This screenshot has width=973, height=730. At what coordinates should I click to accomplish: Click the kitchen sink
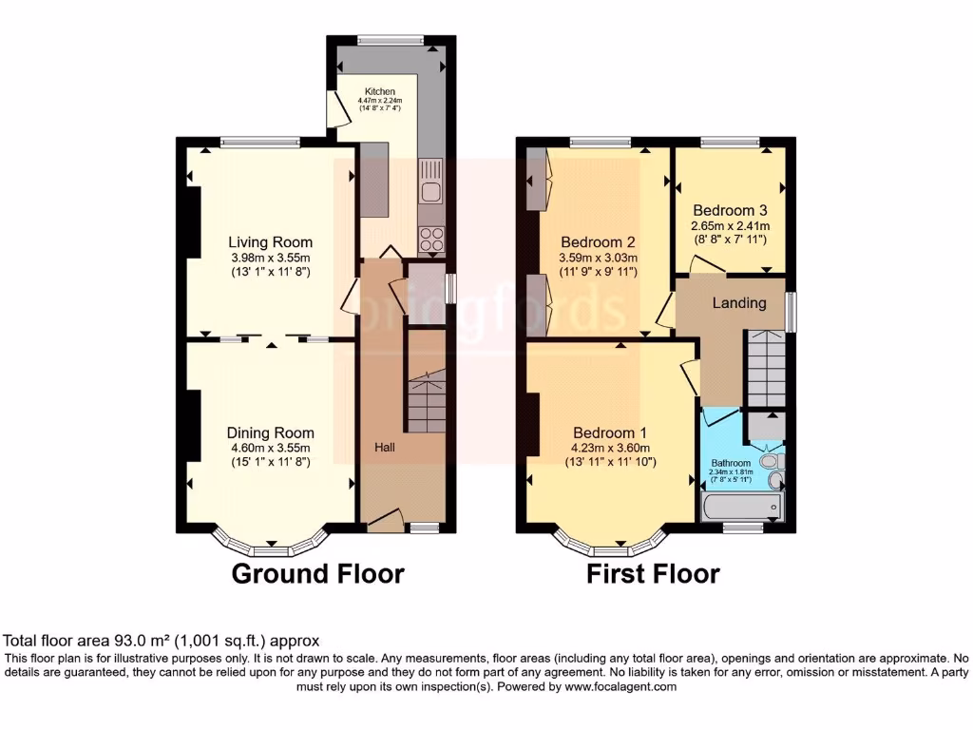[x=431, y=183]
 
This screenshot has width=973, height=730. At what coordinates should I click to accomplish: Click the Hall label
[x=384, y=447]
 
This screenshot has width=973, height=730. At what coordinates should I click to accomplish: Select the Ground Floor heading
[x=318, y=574]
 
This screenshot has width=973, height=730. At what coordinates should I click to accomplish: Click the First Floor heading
[x=653, y=574]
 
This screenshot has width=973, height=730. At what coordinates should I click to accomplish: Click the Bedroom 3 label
[x=730, y=210]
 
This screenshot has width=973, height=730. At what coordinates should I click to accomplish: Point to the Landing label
[x=739, y=303]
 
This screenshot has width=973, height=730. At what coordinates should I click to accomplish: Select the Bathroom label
[x=732, y=464]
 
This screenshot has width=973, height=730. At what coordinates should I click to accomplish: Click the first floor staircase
[x=765, y=367]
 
